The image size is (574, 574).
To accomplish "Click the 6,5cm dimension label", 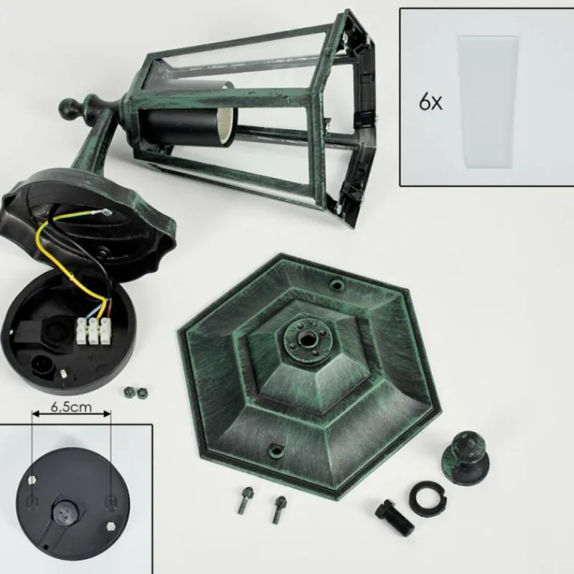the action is (x=71, y=407).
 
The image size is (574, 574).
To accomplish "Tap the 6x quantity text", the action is (x=430, y=102).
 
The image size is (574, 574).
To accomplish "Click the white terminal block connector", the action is (x=93, y=331).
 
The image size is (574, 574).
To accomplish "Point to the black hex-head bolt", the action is (x=395, y=517).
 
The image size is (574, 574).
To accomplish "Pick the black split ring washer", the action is (x=428, y=494).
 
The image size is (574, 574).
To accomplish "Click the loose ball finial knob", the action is (x=465, y=458).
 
